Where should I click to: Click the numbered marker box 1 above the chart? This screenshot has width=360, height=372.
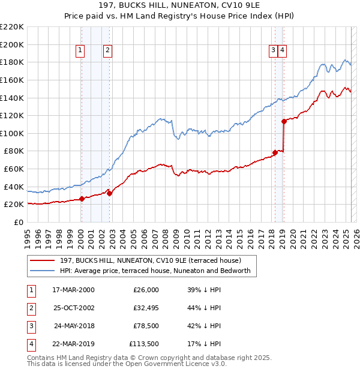point(80,50)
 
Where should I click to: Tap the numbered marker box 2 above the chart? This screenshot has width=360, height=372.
point(107,50)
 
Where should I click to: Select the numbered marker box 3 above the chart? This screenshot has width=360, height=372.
point(273,50)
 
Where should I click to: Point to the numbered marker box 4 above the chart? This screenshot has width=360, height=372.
point(282,50)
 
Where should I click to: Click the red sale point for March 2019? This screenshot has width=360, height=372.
point(284,121)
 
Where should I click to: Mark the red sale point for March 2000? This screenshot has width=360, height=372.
point(82,199)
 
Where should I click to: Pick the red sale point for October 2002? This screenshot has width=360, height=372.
point(109,193)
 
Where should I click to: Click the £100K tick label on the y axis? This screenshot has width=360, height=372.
point(13,133)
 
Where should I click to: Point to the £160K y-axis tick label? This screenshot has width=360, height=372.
point(13,80)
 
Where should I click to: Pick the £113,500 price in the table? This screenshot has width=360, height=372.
point(143,344)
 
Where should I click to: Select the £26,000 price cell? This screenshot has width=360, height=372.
point(146,290)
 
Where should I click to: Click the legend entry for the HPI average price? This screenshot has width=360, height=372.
point(158,272)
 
